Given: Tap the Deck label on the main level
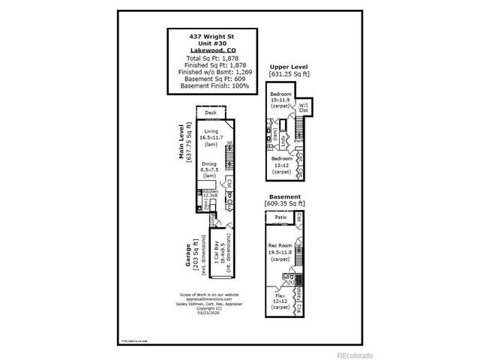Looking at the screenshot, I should [x=211, y=113].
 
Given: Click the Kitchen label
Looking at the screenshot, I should [x=210, y=191].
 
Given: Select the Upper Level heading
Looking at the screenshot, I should [x=289, y=67].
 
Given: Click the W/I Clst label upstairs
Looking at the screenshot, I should [x=303, y=107].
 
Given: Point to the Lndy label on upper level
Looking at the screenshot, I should [x=283, y=139].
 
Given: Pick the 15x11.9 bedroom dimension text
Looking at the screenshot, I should [x=280, y=100].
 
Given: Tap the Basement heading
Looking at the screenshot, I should [x=285, y=196].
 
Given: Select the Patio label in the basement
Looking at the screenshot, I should [x=281, y=218].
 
